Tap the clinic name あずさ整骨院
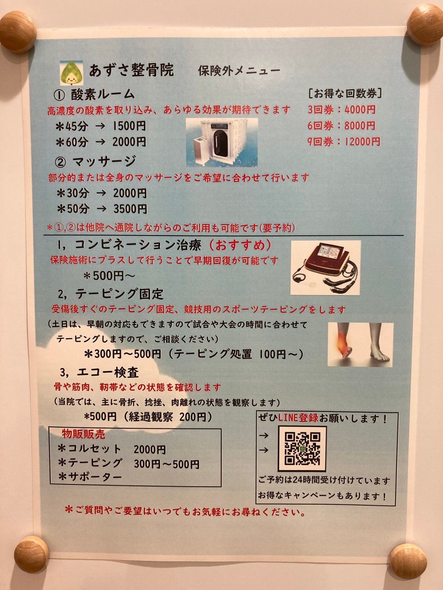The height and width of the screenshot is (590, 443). [x=132, y=71]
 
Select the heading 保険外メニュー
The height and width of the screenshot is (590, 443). [x=239, y=71]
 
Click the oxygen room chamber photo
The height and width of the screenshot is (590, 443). [x=222, y=142]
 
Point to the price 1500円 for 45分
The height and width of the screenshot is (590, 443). [x=129, y=126]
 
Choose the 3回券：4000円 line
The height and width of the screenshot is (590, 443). [x=341, y=110]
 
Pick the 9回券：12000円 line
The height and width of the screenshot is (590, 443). [x=344, y=142]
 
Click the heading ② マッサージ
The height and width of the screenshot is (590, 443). [x=95, y=161]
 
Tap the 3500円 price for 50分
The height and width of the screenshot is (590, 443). [x=130, y=209]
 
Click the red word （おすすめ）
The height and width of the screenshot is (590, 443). [x=239, y=245]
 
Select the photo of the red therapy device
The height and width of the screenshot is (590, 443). [x=325, y=267]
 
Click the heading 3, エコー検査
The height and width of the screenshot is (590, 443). [x=100, y=372]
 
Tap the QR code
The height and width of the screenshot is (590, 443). [x=302, y=449]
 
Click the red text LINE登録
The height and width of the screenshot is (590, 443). [x=299, y=418]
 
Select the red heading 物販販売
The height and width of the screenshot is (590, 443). [x=84, y=434]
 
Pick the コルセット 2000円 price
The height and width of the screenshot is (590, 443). [x=150, y=450]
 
